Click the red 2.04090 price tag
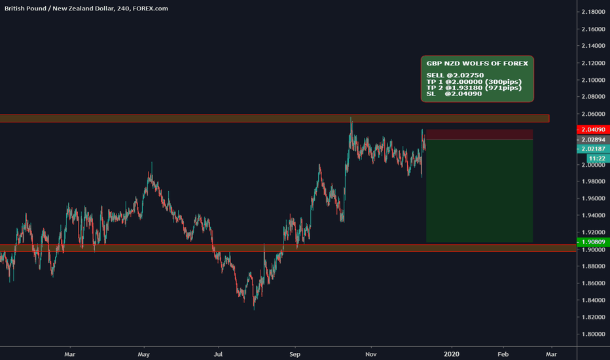pos(592,130)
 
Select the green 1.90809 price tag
pos(592,242)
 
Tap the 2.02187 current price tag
pos(592,149)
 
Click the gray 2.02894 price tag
pos(592,139)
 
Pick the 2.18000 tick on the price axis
pos(592,12)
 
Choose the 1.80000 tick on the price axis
pos(592,334)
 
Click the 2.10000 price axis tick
pos(592,80)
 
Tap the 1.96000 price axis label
pos(592,199)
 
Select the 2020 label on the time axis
pos(452,353)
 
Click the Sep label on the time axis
pos(295,353)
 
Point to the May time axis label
pos(144,353)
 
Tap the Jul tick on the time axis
pos(219,353)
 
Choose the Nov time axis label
pos(370,353)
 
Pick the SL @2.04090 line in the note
pos(454,94)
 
